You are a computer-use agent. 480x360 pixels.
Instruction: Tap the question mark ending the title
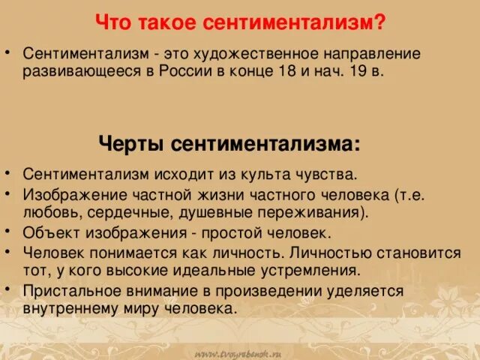click(x=381, y=23)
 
